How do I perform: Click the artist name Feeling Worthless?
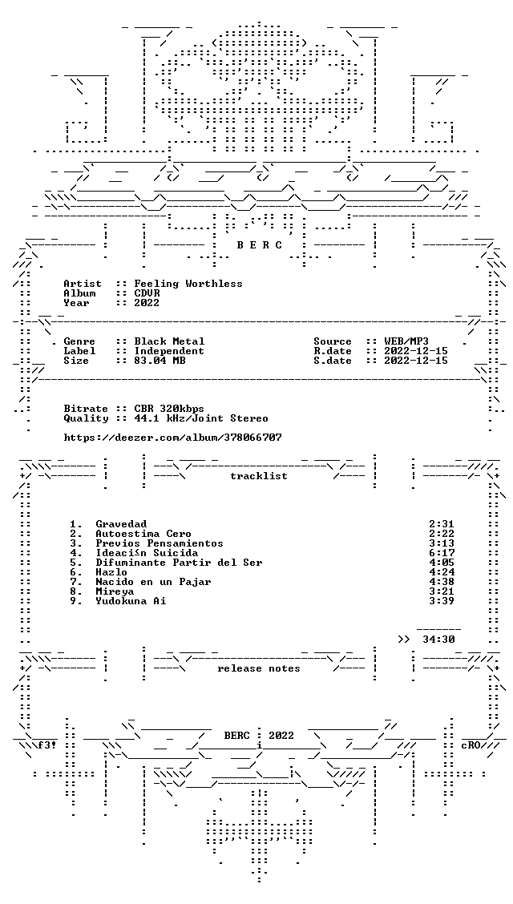tap(188, 284)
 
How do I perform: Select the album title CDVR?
tap(147, 293)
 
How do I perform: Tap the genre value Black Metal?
tap(169, 341)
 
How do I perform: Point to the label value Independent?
tap(169, 351)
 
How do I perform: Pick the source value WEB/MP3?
tap(406, 341)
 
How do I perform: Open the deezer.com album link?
tap(172, 438)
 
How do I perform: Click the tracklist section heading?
tap(259, 476)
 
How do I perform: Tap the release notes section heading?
tap(259, 668)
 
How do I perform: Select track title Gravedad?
tap(121, 524)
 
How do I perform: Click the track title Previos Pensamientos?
tap(160, 543)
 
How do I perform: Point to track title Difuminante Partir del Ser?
tap(179, 563)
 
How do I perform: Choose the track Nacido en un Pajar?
tap(153, 582)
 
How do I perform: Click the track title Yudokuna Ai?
tap(131, 601)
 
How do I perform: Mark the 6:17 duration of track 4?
tap(442, 553)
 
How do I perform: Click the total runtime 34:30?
tap(438, 640)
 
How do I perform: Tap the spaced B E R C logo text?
tap(260, 245)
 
